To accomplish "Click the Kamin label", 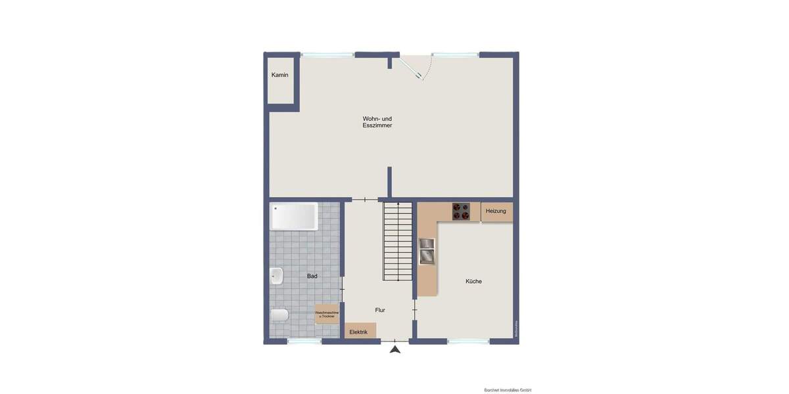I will pos(280,75).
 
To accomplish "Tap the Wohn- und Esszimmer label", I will pos(377,121).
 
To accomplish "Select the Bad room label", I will pos(312,276).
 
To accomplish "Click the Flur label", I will pos(380,310).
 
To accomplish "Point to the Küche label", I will pos(473,281).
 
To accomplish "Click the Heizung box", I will pos(496,211).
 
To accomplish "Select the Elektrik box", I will pos(360,332).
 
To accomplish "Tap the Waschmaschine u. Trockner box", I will pos(327,315).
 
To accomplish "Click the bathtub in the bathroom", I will pos(294,216).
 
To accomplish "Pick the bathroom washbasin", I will pos(277,276).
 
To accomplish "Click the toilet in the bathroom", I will pos(279,316).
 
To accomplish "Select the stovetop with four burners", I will pos(461,211).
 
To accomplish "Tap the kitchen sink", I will pos(427,251).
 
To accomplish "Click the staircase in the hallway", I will pos(398,242).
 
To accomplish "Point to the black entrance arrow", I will pos(394,349).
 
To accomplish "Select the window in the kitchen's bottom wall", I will pos(468,341).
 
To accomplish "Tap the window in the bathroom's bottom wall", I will pos(304,341).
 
